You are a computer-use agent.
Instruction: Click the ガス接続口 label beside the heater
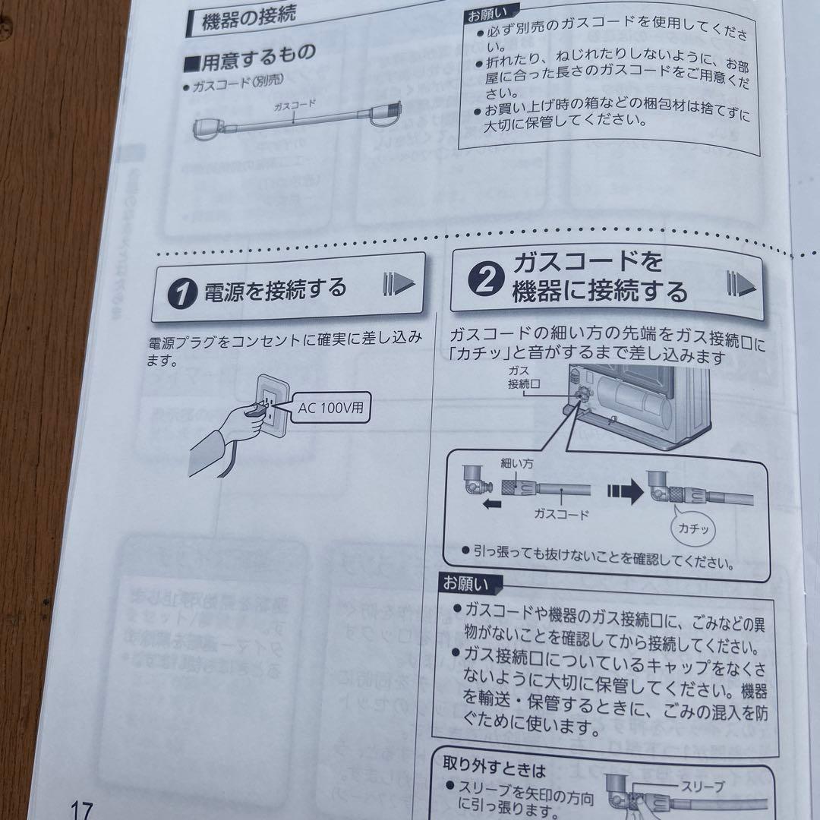point(523,377)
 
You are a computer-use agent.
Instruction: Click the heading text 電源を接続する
point(275,289)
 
